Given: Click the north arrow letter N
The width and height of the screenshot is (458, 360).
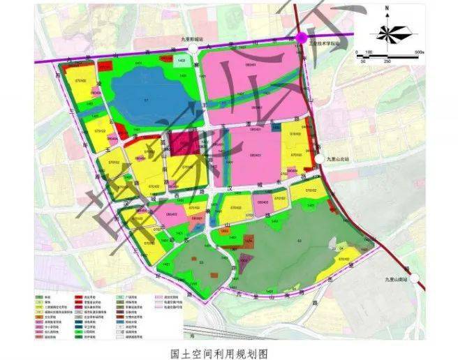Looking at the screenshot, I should tap(386, 10).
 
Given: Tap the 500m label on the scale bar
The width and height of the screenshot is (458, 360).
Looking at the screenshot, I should tap(418, 52).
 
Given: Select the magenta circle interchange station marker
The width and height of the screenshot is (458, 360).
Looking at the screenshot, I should tap(302, 38).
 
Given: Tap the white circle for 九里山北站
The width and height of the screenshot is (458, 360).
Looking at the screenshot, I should tap(320, 159).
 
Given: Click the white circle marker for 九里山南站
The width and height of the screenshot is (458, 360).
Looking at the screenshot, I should tap(415, 278).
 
